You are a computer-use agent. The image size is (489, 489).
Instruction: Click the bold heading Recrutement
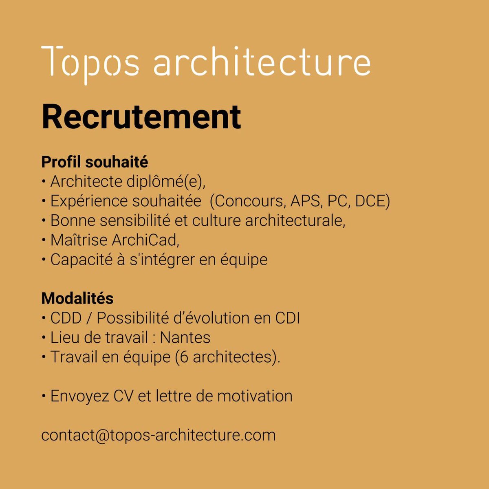[141, 117]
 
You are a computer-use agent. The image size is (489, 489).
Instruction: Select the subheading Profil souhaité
[95, 162]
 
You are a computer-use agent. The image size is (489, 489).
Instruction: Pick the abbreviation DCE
[372, 201]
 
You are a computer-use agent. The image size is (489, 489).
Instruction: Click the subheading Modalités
[77, 299]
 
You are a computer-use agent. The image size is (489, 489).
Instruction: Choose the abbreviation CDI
[288, 318]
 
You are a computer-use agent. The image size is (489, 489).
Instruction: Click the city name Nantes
[185, 338]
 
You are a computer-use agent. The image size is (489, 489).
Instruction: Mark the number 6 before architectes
[184, 357]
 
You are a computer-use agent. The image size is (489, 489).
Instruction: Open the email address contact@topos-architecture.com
[159, 435]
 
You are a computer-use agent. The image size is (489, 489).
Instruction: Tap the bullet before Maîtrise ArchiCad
[44, 240]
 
